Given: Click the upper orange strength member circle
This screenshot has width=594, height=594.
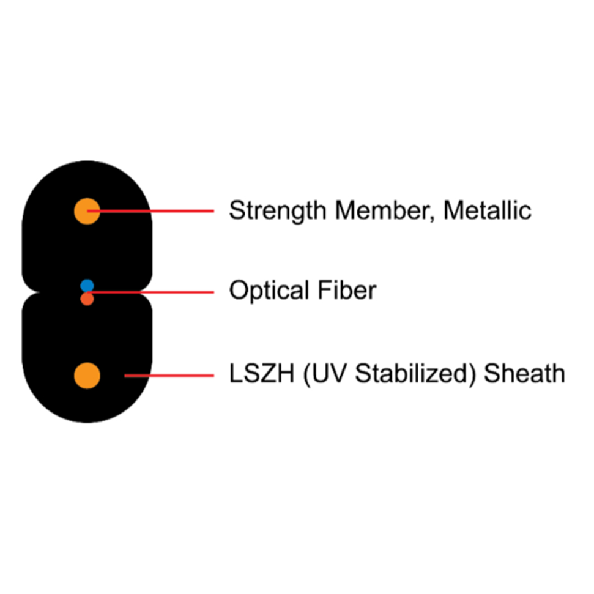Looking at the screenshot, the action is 87,211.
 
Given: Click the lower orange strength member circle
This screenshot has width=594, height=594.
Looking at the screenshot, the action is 87,376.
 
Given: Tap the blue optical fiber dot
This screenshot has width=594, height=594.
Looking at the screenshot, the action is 87,285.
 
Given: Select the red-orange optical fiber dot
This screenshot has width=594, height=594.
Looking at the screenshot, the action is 87,299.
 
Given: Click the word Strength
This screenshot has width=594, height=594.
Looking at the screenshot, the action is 278,211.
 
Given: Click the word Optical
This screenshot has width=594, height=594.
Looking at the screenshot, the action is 269,291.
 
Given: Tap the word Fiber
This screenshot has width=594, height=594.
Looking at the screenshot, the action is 347,290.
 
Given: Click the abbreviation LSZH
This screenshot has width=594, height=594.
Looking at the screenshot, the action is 262,374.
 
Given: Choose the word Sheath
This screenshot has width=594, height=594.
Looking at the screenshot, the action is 524,373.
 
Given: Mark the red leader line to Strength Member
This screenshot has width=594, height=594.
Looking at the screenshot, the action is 150,211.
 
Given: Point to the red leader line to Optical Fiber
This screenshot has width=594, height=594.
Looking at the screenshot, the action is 150,292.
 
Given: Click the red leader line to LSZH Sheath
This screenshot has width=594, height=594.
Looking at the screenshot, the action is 169,376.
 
